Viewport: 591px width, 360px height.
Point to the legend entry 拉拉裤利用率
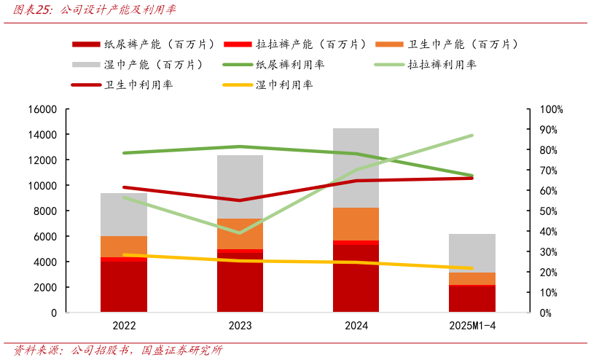coord(442,65)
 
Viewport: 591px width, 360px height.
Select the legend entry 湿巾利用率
coord(284,85)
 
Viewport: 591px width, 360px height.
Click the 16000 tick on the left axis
coord(42,109)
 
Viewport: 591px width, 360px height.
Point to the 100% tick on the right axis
coord(551,109)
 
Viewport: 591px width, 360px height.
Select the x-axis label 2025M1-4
coord(472,326)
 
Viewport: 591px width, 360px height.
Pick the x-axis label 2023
coord(240,326)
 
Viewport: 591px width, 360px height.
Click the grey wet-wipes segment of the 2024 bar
coord(356,168)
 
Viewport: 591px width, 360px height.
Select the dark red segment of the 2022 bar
coord(124,288)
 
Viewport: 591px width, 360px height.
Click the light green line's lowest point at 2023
coord(240,232)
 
